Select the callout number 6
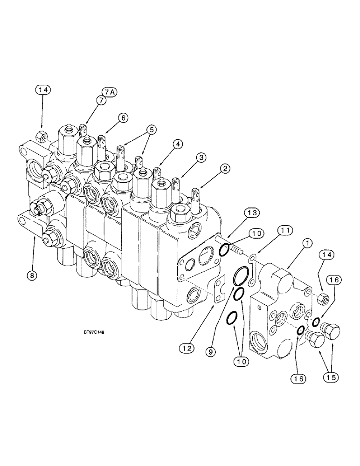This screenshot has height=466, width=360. (123, 118)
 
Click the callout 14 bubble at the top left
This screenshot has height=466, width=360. (42, 89)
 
